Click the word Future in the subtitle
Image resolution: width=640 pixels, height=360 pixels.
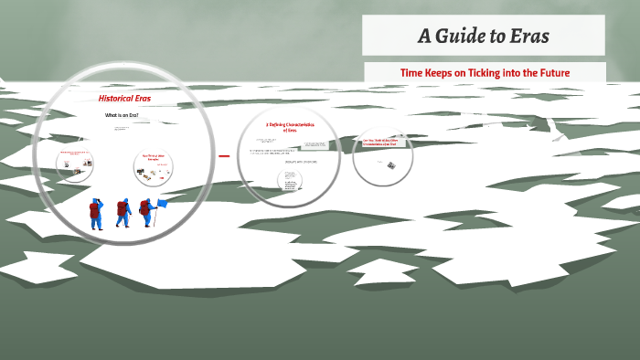561,72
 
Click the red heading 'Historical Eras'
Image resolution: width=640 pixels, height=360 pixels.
124,98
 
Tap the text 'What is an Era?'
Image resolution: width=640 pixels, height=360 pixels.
122,115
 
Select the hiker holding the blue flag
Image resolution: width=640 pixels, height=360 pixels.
146,213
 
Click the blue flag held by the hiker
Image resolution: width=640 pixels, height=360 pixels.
162,203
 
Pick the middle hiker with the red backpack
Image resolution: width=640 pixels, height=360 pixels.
123,213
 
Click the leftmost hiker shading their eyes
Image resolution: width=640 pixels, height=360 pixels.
96,213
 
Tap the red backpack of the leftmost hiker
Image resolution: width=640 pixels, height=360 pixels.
93,211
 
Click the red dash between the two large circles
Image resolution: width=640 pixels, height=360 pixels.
223,156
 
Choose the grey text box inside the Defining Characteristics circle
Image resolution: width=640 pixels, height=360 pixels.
315,143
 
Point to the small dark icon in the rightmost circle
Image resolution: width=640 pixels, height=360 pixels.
389,164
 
